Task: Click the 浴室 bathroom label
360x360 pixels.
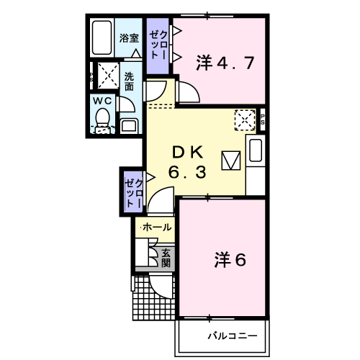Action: point(129,38)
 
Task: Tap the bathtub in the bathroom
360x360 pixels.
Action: point(102,37)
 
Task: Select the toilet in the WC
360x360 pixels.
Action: point(102,121)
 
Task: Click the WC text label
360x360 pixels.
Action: point(102,101)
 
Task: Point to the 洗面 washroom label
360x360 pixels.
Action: point(129,81)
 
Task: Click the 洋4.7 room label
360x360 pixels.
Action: point(225,63)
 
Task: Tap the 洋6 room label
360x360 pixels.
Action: point(230,260)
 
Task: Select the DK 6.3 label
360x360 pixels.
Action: point(187,162)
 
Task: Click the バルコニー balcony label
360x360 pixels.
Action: point(233,336)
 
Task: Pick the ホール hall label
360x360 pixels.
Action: point(157,227)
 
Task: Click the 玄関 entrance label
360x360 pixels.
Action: point(166,258)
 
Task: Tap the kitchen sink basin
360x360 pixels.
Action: point(256,150)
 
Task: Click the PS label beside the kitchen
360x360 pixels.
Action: point(263,120)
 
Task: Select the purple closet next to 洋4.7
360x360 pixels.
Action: point(158,46)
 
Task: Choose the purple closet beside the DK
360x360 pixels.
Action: point(133,192)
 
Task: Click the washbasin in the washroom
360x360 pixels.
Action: point(129,126)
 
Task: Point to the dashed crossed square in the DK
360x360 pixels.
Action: point(245,120)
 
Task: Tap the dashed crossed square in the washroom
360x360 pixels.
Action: point(109,76)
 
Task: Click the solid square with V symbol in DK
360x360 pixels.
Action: point(231,161)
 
